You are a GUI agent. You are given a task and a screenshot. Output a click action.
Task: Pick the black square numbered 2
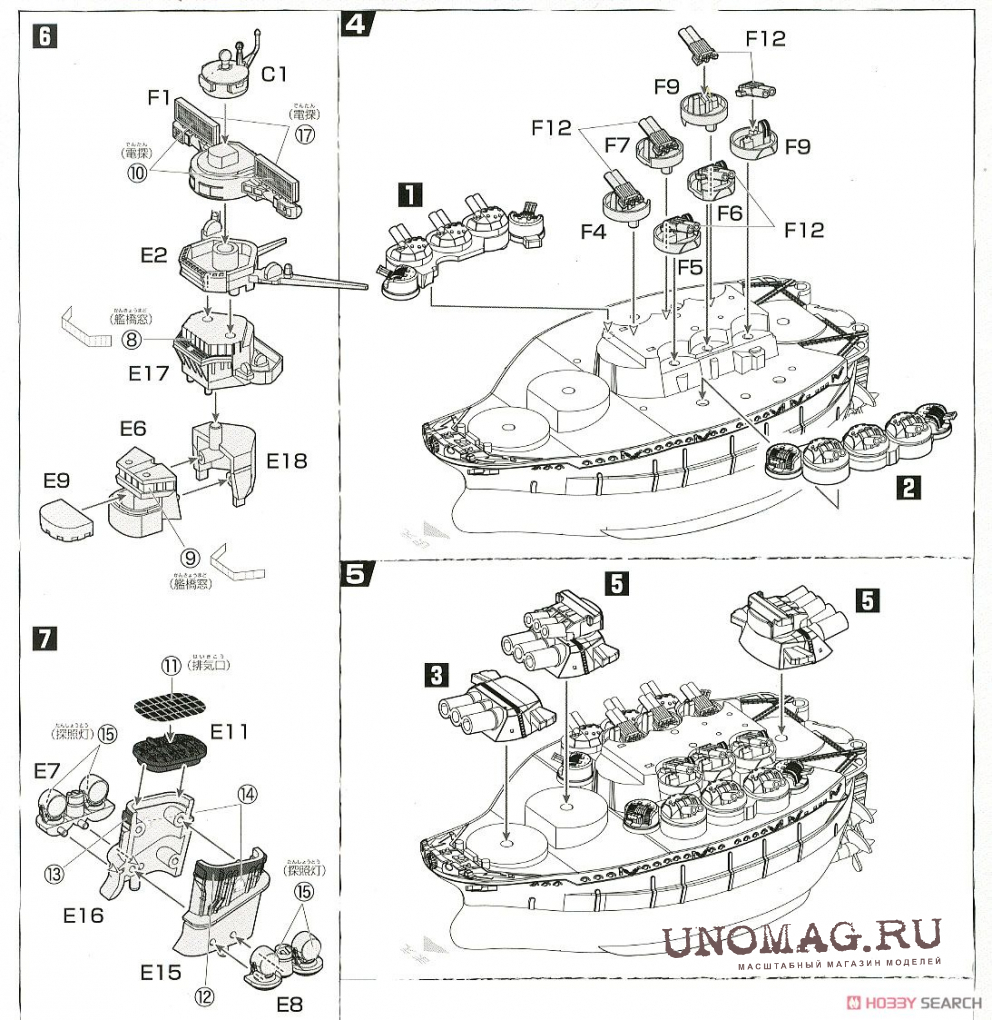(907, 487)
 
